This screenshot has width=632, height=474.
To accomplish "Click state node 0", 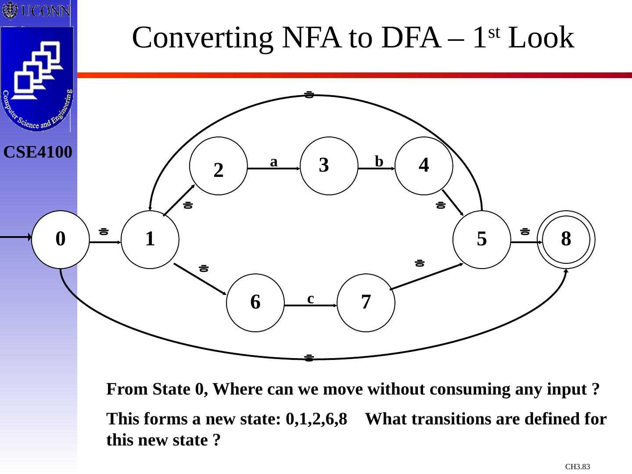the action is (61, 239).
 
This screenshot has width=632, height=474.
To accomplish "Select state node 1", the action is (150, 239).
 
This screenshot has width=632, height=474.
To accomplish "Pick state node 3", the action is (329, 166).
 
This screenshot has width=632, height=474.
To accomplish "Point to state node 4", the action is (424, 166).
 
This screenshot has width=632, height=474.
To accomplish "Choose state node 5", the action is (482, 239).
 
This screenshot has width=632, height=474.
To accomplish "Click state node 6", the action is (255, 302).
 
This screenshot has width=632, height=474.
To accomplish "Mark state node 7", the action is (366, 302).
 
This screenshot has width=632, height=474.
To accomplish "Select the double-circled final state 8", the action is (566, 239).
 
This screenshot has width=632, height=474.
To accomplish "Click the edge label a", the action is (274, 162).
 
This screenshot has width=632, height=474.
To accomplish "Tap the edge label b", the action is (379, 162).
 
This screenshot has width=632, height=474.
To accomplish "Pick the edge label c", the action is (311, 299).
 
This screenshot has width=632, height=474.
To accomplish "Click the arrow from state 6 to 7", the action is (311, 305).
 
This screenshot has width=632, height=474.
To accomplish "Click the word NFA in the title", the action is (312, 38).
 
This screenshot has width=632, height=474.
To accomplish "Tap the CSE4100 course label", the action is (38, 152).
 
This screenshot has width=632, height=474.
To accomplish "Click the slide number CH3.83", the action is (578, 467).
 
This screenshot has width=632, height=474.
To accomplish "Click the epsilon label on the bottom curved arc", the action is (309, 358).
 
